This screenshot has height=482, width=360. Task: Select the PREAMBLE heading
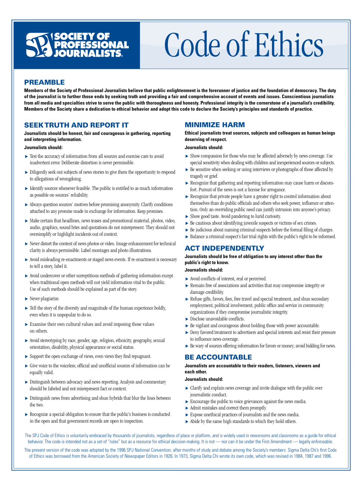click(x=44, y=82)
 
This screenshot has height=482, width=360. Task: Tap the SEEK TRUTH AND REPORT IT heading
click(x=76, y=125)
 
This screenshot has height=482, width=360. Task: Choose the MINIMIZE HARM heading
click(x=215, y=125)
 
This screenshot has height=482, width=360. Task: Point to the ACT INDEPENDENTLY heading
click(x=224, y=248)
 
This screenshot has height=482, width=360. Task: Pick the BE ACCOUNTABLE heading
click(x=218, y=357)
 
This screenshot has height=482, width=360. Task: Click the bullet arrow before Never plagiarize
click(x=26, y=299)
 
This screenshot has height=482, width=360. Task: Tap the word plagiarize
click(x=50, y=299)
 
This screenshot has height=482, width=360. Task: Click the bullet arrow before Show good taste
click(x=187, y=217)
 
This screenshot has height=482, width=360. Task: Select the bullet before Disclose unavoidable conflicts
click(x=187, y=319)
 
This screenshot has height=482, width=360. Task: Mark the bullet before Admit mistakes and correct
click(x=187, y=408)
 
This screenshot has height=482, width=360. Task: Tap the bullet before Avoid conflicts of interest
click(x=187, y=279)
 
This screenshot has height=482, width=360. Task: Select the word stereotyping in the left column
click(x=53, y=340)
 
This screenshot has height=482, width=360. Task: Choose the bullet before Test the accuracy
click(x=26, y=157)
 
